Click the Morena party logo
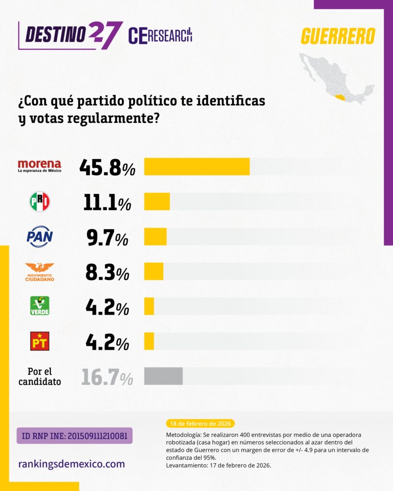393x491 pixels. [39, 166]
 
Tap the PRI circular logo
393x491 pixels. [39, 202]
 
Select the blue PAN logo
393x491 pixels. [39, 236]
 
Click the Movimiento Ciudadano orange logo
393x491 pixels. [39, 271]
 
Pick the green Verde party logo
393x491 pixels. [39, 306]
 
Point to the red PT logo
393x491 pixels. [39, 341]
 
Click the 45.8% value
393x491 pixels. [107, 167]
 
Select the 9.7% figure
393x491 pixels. [107, 237]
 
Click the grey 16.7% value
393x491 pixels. [107, 377]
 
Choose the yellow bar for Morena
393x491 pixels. [197, 166]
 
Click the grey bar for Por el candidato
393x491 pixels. [163, 376]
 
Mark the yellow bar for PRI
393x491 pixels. [157, 201]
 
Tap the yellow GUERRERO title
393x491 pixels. [338, 36]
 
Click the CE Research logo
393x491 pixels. [160, 35]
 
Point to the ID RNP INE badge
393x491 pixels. [74, 435]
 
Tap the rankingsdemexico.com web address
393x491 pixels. [71, 464]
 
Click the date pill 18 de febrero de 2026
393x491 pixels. [200, 423]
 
